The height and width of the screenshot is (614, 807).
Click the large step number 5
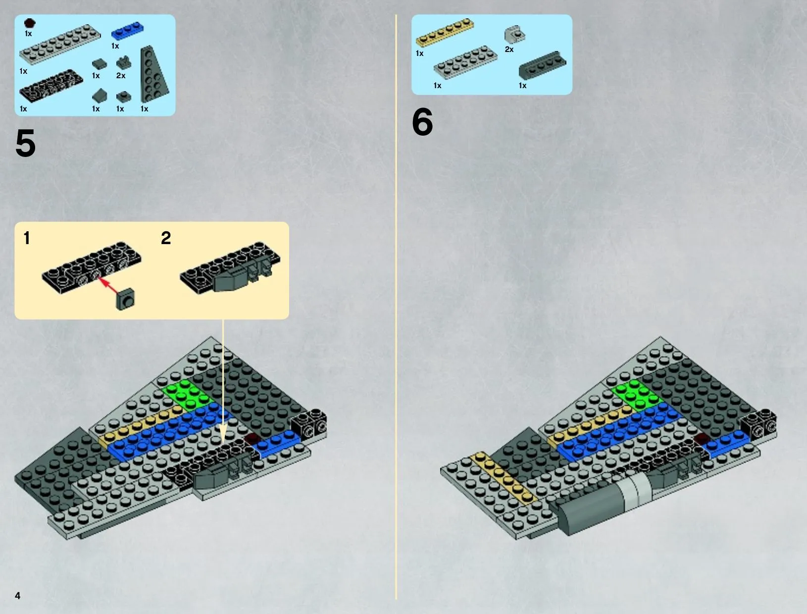pyautogui.click(x=25, y=143)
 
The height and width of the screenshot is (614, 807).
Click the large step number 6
pyautogui.click(x=422, y=122)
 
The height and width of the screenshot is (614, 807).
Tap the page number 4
pyautogui.click(x=18, y=596)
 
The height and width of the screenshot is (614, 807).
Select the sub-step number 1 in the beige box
pyautogui.click(x=26, y=238)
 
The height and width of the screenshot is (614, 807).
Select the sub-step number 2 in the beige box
pyautogui.click(x=166, y=238)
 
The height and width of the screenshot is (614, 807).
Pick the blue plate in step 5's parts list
pyautogui.click(x=128, y=31)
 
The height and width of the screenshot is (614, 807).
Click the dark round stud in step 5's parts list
pyautogui.click(x=29, y=23)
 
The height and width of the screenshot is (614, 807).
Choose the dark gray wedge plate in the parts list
pyautogui.click(x=153, y=74)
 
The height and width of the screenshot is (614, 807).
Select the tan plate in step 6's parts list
pyautogui.click(x=445, y=32)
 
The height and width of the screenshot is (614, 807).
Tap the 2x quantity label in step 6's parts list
pyautogui.click(x=509, y=49)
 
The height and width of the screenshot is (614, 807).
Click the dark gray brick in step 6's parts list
pyautogui.click(x=542, y=65)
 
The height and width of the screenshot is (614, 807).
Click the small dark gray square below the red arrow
pyautogui.click(x=125, y=300)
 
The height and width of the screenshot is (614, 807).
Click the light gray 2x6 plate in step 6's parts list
pyautogui.click(x=465, y=62)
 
